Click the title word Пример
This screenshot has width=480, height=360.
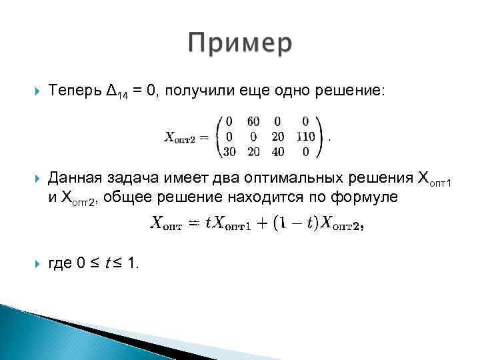(240, 44)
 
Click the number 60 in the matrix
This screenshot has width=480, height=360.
(253, 122)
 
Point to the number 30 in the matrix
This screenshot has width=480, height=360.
(229, 151)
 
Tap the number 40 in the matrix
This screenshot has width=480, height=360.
(278, 151)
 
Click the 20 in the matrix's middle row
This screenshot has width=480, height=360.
(278, 137)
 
